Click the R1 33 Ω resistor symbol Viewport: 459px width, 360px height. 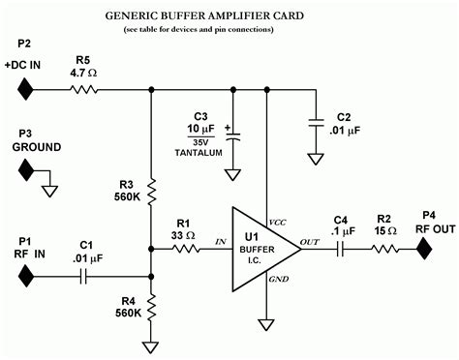(186, 249)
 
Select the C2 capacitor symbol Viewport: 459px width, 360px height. (316, 123)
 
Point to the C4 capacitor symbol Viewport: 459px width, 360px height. (341, 249)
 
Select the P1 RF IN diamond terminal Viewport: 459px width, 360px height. (26, 276)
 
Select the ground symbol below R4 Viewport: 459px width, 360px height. (152, 345)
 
